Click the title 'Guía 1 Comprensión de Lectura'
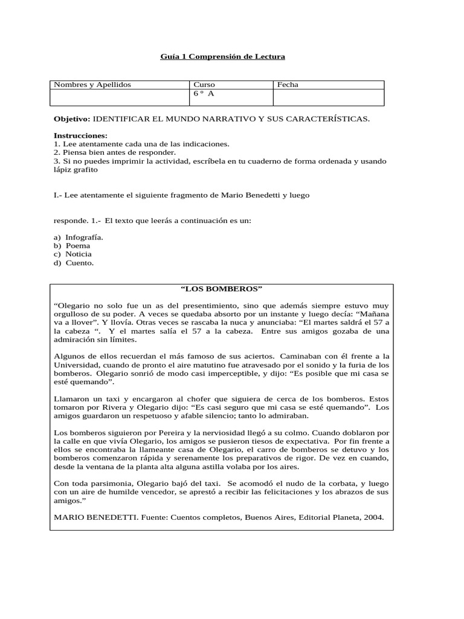(222, 57)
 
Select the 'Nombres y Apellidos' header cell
(92, 85)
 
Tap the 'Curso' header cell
(204, 85)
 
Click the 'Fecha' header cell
(288, 85)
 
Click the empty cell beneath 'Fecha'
(328, 97)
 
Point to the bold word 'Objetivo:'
(72, 119)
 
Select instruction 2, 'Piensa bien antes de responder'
(115, 153)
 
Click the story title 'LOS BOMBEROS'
(221, 289)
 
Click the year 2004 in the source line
(372, 517)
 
